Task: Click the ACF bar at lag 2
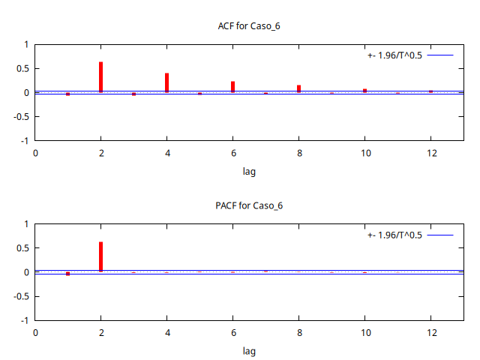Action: click(x=100, y=77)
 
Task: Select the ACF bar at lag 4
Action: click(x=166, y=82)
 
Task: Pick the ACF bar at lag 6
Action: click(x=232, y=87)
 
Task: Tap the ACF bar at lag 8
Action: click(x=298, y=88)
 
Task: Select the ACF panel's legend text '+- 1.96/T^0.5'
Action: click(x=394, y=55)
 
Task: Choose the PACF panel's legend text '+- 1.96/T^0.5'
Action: click(x=394, y=235)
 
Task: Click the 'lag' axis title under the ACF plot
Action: click(x=249, y=171)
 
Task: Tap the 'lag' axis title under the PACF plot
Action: click(x=249, y=350)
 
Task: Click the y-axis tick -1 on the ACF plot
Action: click(x=25, y=140)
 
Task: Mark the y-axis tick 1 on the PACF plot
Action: click(x=26, y=224)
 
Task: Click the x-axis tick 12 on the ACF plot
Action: click(x=431, y=153)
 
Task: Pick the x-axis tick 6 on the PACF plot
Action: click(x=233, y=332)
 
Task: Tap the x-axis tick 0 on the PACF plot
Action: click(x=35, y=332)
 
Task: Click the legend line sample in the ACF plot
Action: click(x=441, y=55)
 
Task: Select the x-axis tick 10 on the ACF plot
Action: click(x=365, y=153)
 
